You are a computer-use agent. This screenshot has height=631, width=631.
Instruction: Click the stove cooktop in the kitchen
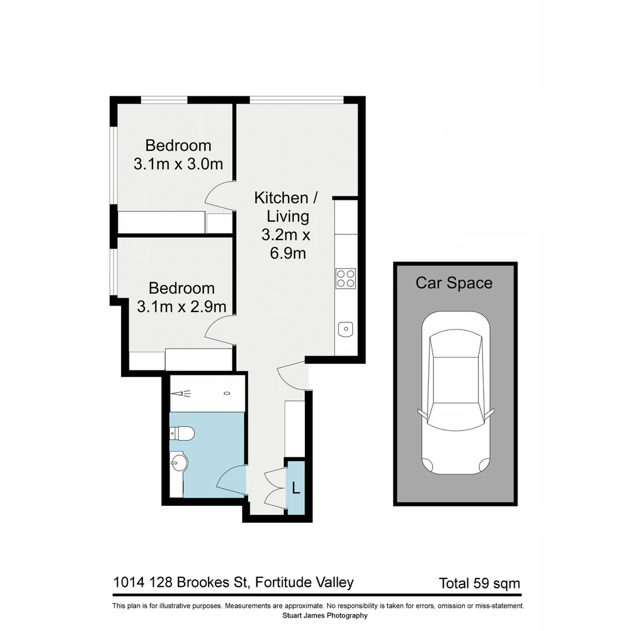(345, 278)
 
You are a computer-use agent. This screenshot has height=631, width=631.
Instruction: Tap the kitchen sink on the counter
(345, 330)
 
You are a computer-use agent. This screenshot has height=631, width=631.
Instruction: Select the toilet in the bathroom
(183, 434)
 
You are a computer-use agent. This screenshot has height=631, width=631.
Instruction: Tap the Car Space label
(454, 283)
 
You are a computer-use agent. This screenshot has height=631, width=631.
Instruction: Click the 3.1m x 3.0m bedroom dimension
(178, 164)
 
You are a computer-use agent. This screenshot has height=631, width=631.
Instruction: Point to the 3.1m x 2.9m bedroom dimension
(181, 306)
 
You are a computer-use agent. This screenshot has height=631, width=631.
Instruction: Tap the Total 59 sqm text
(479, 583)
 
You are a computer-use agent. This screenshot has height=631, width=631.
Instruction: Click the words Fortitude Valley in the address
(304, 583)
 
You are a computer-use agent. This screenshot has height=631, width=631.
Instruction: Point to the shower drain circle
(226, 393)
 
